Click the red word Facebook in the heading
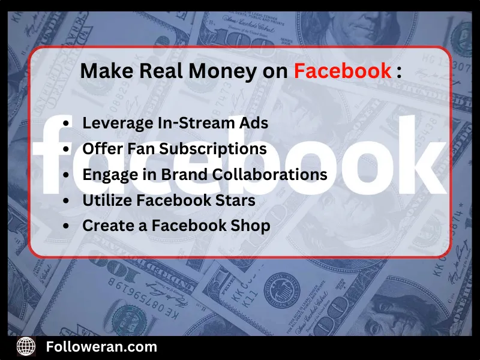pyautogui.click(x=342, y=71)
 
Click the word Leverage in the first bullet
pyautogui.click(x=117, y=122)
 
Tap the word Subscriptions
pyautogui.click(x=216, y=148)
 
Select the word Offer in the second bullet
pyautogui.click(x=102, y=148)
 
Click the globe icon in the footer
pyautogui.click(x=26, y=347)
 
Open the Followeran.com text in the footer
pyautogui.click(x=101, y=346)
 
